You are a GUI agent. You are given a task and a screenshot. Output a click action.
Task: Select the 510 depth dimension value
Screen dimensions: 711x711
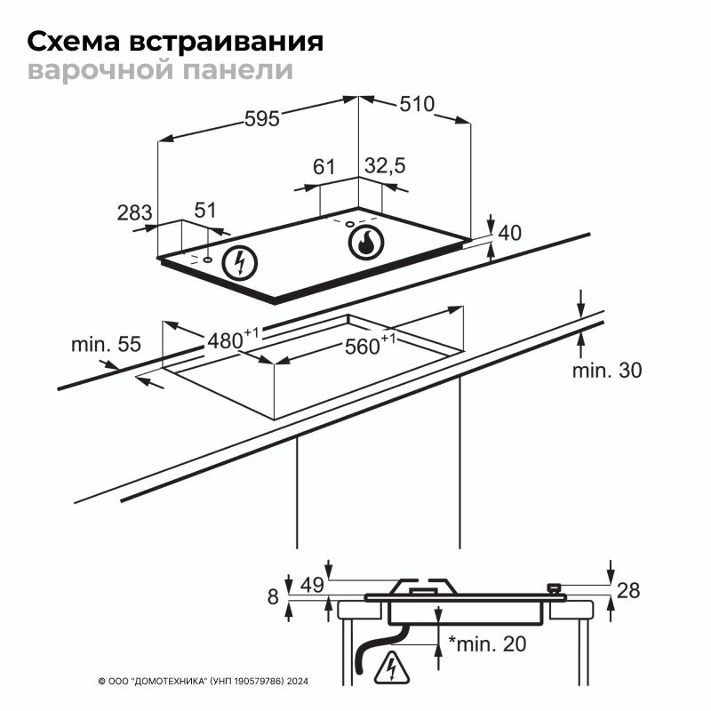416,104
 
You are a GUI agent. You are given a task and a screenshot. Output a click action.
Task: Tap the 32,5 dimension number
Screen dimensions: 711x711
385,165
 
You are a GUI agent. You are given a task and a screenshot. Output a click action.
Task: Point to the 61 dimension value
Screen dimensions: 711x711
324,166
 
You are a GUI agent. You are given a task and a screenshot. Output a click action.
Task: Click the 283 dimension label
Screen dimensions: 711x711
135,212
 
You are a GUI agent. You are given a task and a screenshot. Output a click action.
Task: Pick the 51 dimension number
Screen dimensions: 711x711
205,211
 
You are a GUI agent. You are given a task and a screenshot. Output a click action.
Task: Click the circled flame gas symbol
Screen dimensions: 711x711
364,242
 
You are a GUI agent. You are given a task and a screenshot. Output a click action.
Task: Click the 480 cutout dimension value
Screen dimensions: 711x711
226,340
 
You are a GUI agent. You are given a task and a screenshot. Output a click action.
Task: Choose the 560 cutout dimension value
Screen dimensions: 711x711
363,347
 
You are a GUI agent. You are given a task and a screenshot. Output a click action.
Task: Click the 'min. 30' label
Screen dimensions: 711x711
606,371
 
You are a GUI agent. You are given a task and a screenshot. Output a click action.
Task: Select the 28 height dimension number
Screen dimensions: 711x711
627,590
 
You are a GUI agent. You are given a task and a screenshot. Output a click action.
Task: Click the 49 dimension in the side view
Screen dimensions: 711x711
311,585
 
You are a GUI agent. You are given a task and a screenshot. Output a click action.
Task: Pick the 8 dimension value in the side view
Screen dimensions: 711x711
274,596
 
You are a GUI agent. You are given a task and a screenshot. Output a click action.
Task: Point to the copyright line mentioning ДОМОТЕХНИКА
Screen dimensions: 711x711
202,682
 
